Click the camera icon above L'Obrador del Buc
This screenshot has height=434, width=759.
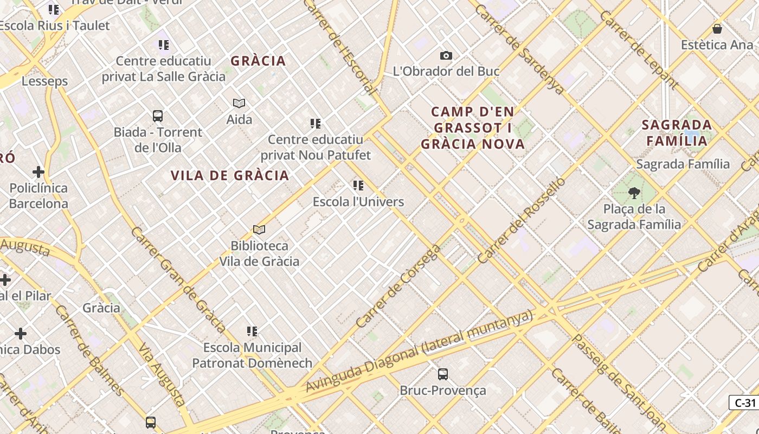(446, 55)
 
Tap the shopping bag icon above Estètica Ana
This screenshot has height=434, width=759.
(717, 29)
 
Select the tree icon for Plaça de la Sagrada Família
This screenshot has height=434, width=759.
(634, 193)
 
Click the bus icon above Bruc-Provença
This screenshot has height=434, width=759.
(443, 374)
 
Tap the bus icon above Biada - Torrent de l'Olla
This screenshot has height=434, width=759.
(158, 116)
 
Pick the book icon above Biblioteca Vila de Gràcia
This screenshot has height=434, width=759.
(259, 230)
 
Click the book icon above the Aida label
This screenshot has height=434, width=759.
(239, 103)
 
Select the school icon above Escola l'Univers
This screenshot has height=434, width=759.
(358, 186)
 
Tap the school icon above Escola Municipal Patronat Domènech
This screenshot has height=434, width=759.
(252, 331)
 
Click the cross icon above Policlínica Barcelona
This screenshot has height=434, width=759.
(38, 173)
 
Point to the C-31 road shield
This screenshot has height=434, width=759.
(744, 403)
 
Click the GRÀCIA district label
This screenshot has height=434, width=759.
(258, 61)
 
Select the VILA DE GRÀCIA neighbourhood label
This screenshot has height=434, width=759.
(230, 176)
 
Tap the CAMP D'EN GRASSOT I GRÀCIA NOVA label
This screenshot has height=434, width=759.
(473, 128)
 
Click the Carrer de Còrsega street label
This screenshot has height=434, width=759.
(398, 286)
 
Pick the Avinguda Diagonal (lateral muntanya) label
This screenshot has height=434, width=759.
(420, 352)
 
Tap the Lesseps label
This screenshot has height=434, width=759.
(44, 81)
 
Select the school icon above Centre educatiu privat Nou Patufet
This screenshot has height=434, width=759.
(316, 124)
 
